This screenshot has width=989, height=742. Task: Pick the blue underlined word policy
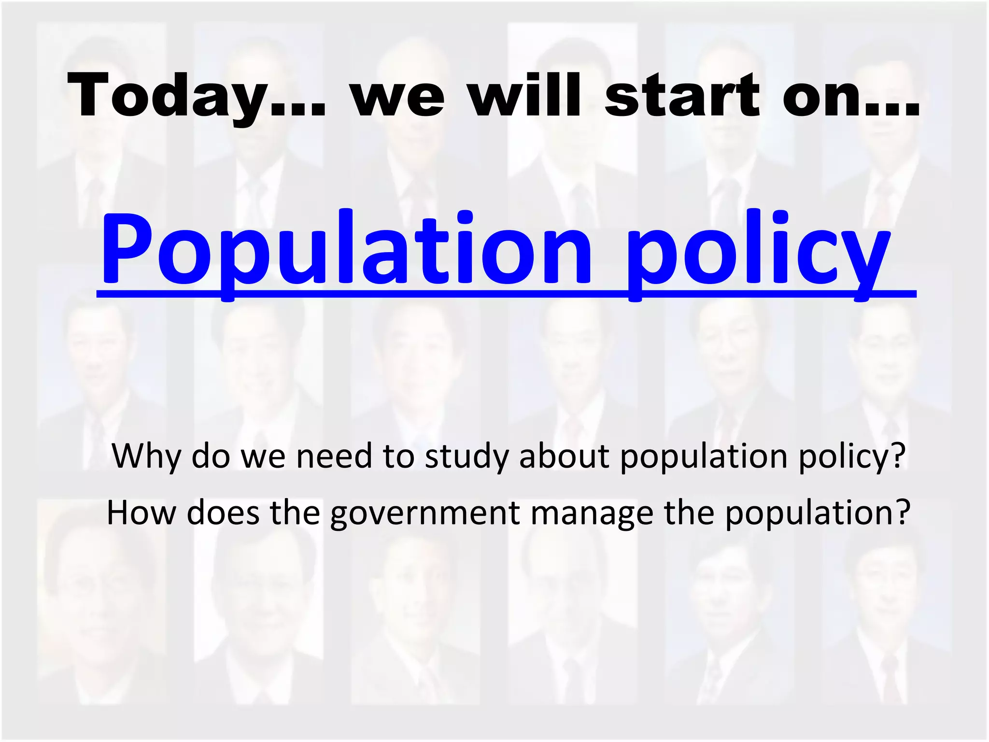tap(758, 249)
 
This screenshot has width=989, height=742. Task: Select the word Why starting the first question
tap(146, 457)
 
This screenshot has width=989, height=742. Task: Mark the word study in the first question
tap(466, 457)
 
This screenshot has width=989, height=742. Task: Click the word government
tap(425, 514)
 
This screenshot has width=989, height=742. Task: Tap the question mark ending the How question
tap(903, 513)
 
